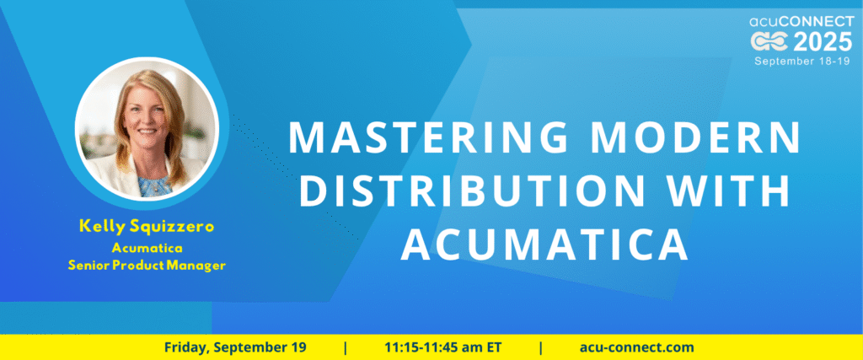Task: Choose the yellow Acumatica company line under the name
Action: point(147,249)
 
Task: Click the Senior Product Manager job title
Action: point(147,266)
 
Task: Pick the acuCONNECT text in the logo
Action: point(801,22)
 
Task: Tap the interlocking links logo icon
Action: point(769,42)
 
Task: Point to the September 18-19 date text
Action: point(802,61)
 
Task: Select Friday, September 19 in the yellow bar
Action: point(235,348)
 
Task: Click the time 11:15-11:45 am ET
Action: point(443,348)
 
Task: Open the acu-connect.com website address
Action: point(637,348)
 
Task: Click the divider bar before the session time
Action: point(345,348)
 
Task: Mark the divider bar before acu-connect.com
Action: point(541,348)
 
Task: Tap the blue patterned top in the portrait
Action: point(153,186)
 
